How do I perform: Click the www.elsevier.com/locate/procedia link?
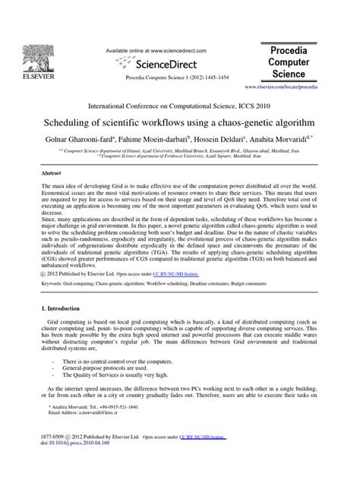tap(313, 87)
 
